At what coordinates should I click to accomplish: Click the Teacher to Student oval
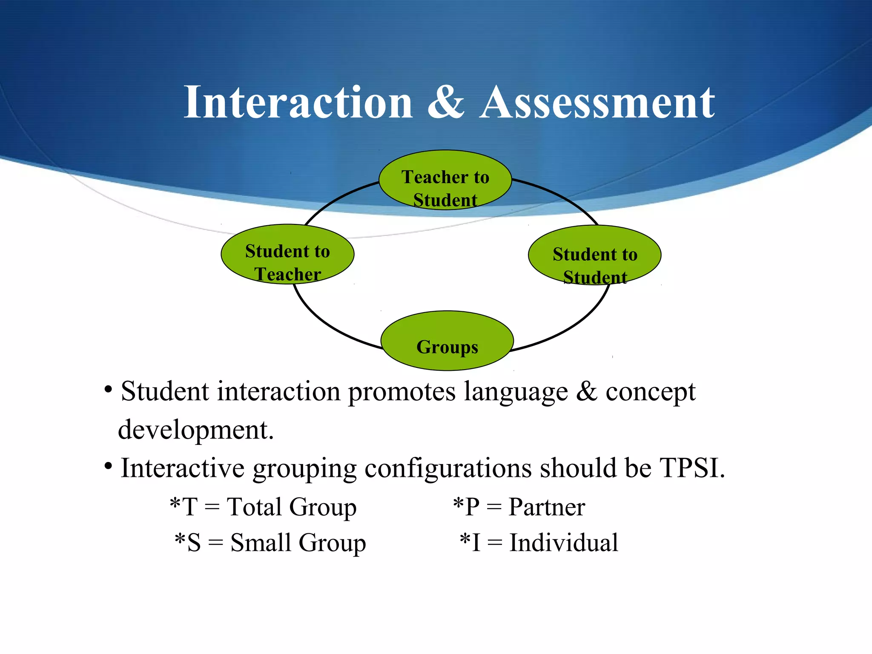point(445,180)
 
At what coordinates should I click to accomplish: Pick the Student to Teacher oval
point(287,254)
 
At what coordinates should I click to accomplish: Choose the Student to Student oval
point(595,255)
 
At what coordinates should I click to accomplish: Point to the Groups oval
point(447,341)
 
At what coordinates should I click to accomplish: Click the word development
point(196,430)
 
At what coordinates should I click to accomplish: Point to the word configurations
point(448,469)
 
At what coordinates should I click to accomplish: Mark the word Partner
point(547,507)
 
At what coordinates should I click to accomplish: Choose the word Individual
point(564,542)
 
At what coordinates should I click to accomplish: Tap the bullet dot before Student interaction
point(109,390)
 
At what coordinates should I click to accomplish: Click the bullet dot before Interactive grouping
point(109,466)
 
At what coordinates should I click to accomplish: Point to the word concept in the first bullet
point(651,392)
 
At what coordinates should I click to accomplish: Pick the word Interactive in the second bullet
point(183,468)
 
